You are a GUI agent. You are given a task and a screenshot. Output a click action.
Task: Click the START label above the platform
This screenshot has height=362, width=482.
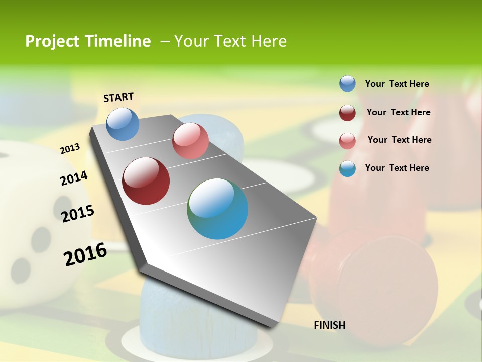[x=118, y=97]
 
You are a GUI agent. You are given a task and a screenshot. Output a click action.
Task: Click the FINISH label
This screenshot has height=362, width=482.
[x=330, y=325]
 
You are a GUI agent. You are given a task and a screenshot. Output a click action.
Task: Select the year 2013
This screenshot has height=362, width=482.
[x=70, y=148]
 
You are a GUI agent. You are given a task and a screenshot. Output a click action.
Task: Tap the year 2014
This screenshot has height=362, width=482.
[x=74, y=178]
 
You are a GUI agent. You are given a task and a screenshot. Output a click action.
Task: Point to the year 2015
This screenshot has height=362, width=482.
[x=78, y=214]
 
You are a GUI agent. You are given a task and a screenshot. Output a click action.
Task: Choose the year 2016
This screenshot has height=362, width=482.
[x=85, y=254]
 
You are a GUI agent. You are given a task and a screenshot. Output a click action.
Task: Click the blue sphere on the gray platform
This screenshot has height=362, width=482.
[x=123, y=124]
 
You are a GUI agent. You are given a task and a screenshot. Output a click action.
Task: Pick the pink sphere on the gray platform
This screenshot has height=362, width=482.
[x=190, y=141]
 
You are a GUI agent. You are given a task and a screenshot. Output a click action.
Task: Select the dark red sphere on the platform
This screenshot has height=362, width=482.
[x=146, y=181]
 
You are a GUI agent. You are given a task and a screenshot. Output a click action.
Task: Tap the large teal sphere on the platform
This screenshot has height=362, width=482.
[x=217, y=209]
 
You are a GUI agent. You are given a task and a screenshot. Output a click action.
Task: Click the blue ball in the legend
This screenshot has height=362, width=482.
[x=347, y=83]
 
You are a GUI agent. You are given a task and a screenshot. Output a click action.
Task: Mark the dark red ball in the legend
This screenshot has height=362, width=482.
[x=347, y=112]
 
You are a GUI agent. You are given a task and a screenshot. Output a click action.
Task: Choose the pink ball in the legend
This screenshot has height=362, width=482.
[x=347, y=141]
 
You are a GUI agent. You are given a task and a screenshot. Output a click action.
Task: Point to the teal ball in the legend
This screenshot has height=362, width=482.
[x=347, y=168]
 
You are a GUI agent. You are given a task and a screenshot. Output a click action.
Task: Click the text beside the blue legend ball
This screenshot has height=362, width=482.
[x=397, y=84]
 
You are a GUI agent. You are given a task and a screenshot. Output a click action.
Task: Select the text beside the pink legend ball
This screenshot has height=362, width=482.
[x=399, y=140]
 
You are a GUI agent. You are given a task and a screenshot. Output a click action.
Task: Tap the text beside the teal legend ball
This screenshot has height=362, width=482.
[x=397, y=168]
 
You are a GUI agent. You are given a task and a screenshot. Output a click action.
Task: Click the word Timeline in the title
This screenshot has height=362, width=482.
[x=118, y=41]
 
